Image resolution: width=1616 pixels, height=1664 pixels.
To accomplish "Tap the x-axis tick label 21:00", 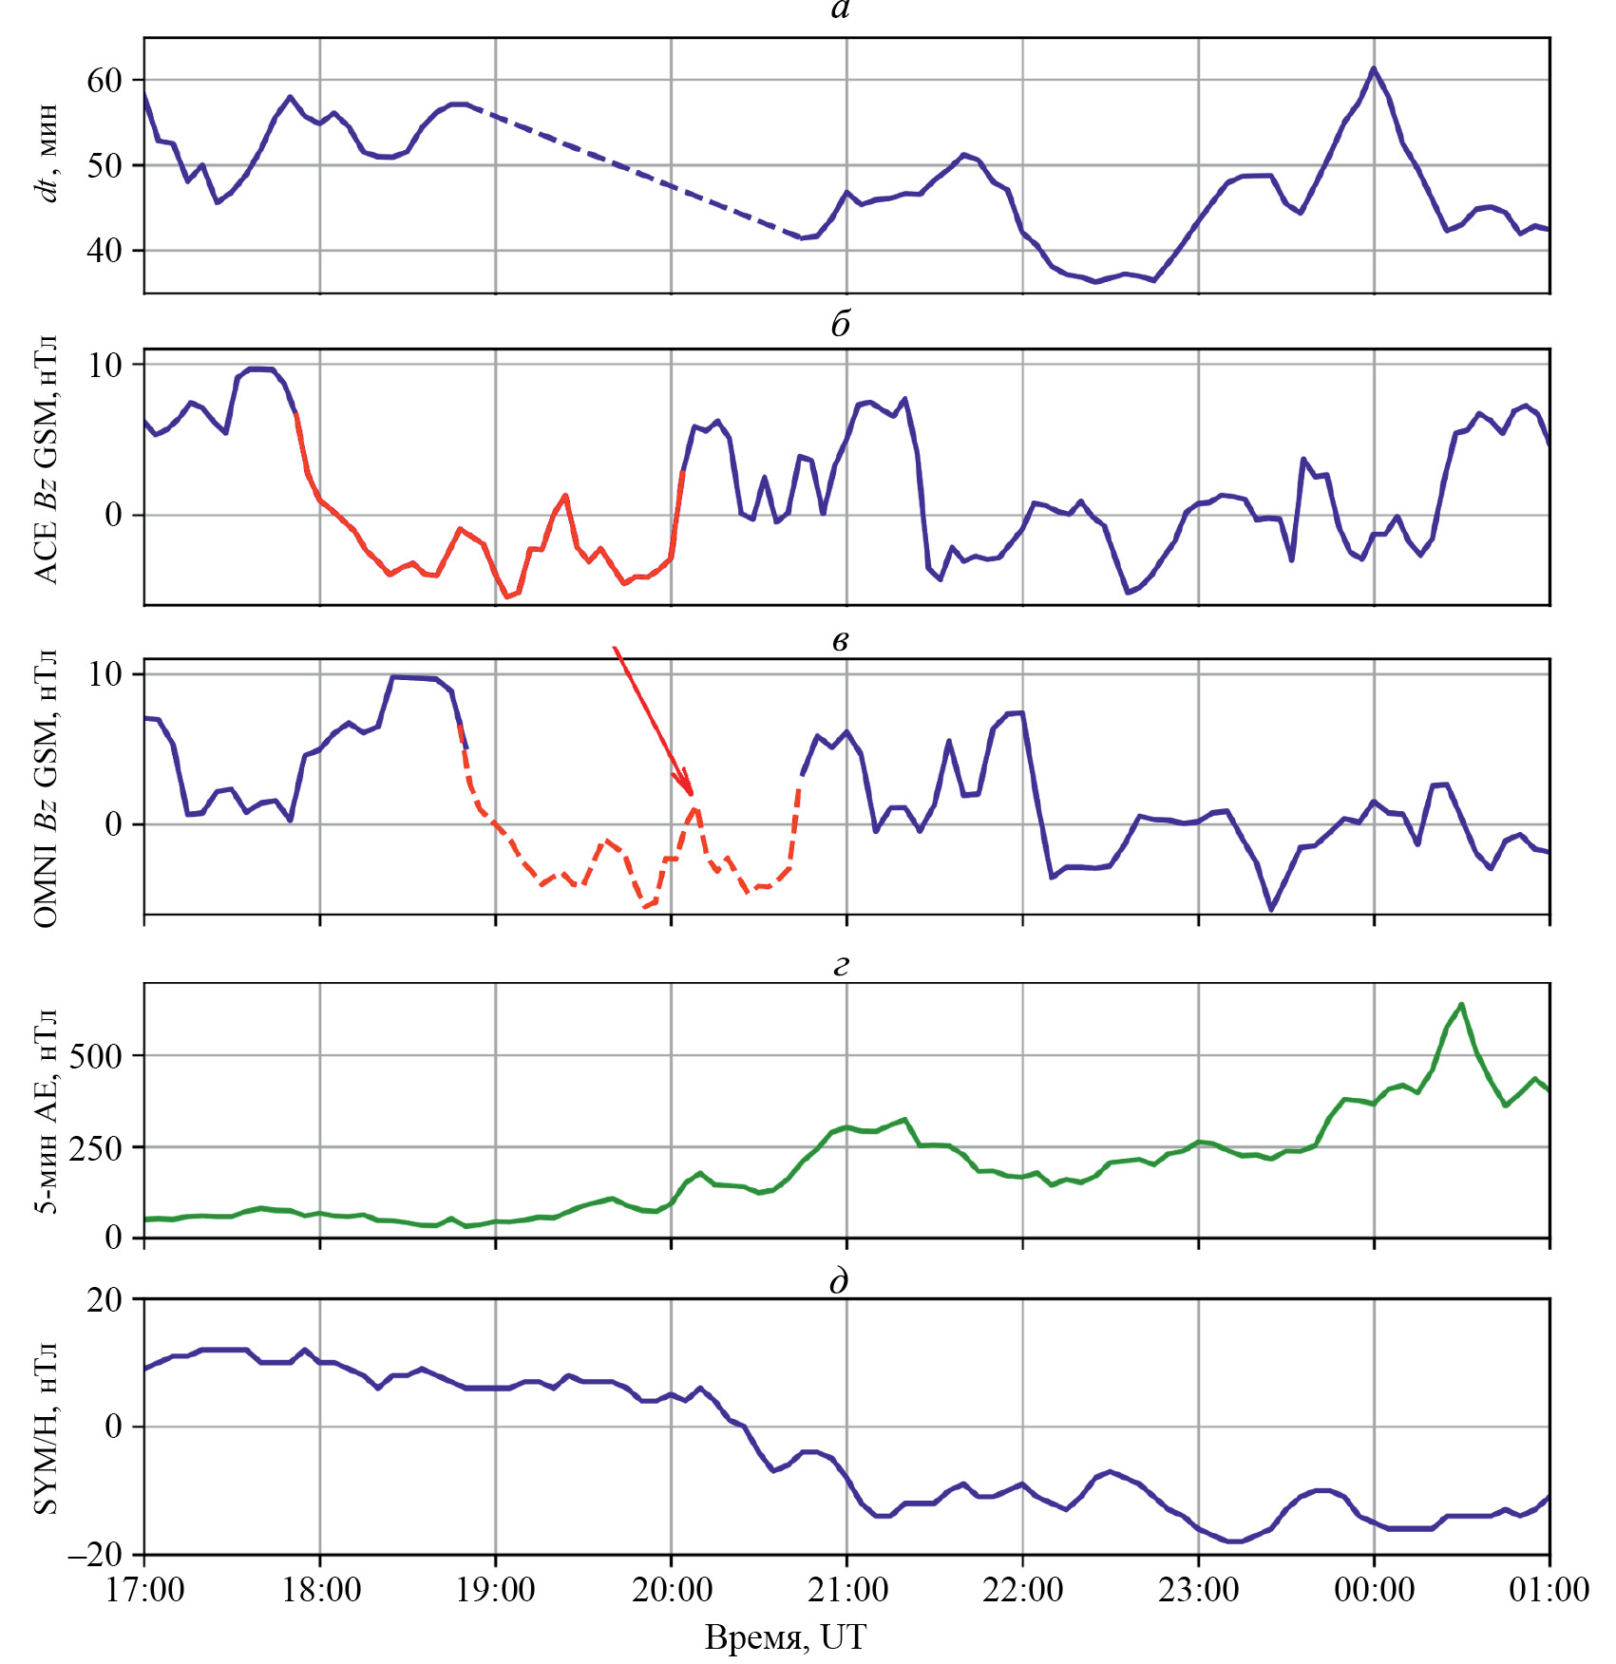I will coord(846,1589).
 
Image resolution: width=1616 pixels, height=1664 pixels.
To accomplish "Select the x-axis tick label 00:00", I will coord(1374,1589).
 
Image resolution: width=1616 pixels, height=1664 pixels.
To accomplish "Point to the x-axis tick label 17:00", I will coord(144,1589).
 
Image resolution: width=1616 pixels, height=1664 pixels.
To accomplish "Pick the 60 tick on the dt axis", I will coord(105,81).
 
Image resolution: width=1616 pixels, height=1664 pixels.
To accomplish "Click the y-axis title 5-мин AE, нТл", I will coord(46,1109).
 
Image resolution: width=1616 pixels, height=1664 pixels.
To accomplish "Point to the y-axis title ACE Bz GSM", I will coord(46,460).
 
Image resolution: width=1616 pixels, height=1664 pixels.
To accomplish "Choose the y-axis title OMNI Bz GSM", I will coord(46,788).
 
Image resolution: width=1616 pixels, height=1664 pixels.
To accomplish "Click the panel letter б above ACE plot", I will coord(840,325).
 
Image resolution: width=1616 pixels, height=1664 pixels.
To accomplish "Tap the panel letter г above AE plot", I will coord(840,965).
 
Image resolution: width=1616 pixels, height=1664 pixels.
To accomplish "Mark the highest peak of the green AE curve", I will coord(1461,1004).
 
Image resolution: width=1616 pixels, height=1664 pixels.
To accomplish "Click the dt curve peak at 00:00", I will coord(1373,68).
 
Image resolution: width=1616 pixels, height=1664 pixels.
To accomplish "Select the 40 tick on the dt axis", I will coord(105,251).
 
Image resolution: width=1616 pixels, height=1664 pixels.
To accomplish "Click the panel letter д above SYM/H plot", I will coord(839,1281).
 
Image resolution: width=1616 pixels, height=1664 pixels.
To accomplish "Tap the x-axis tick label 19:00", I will coord(495,1589).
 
